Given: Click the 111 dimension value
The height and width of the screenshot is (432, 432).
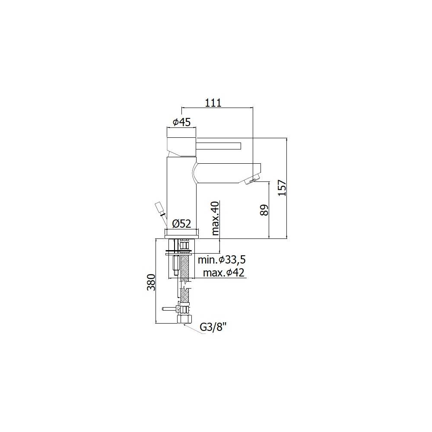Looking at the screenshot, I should (213, 103).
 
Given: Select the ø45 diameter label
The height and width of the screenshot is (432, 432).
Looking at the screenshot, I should (181, 122).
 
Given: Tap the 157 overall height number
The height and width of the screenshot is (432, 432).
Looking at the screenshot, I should (282, 188).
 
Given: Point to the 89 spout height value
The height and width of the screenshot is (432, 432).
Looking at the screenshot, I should (264, 210).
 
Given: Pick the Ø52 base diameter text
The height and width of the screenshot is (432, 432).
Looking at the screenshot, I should (181, 224).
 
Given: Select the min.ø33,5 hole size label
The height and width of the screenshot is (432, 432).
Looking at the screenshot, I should (222, 260).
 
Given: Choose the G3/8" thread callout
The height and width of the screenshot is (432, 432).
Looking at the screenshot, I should (213, 327).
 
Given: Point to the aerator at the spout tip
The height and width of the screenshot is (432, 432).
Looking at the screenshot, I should (253, 180).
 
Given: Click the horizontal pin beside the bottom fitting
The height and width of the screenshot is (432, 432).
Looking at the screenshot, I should (169, 309).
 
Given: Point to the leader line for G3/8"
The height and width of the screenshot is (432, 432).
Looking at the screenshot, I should (193, 327).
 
